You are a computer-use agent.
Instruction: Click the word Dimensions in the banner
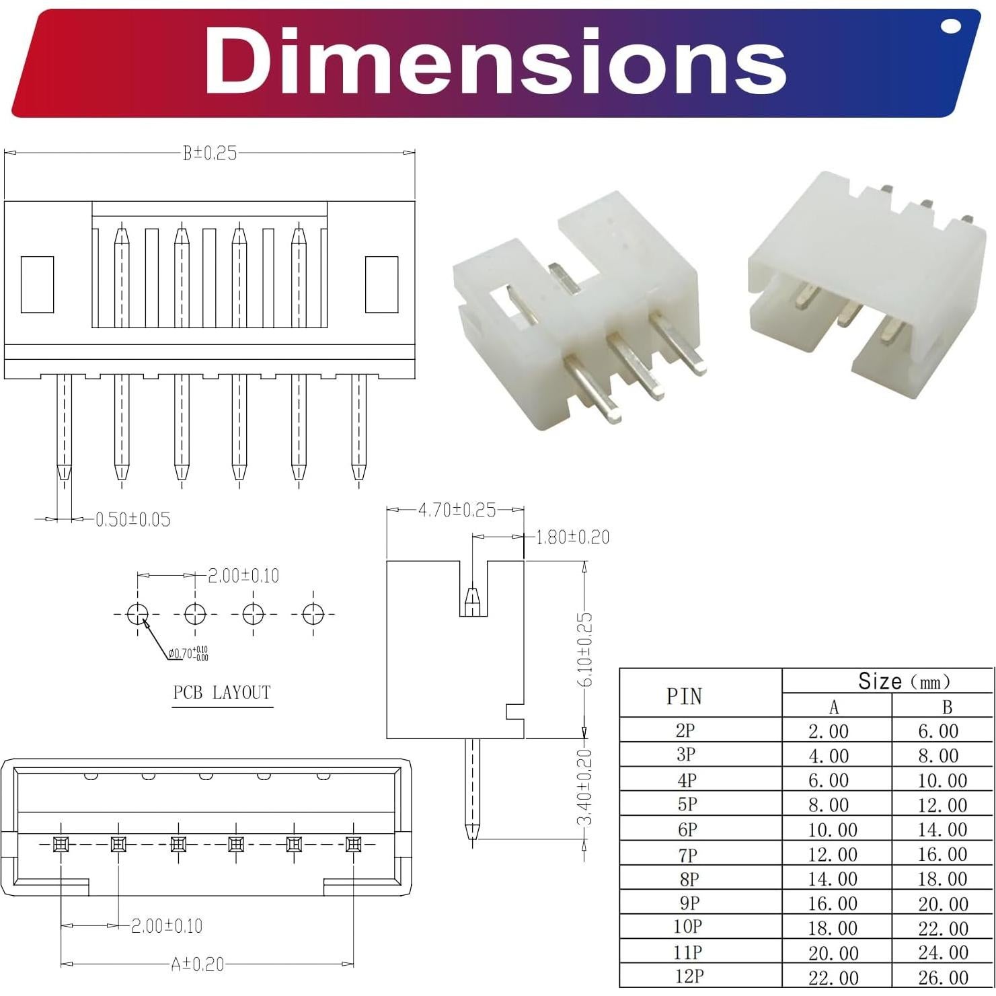(x=496, y=62)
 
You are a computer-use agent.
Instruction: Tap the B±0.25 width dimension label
(x=210, y=153)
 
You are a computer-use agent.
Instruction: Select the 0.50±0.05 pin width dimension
(x=132, y=519)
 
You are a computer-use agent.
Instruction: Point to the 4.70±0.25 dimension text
(x=457, y=510)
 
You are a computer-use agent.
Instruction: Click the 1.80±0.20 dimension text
(x=572, y=537)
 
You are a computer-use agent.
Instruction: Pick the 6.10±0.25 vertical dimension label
(x=585, y=650)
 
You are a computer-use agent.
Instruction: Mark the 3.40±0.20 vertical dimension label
(x=585, y=787)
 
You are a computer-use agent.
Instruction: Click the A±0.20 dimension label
(x=197, y=964)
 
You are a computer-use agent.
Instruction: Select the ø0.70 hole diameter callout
(x=188, y=653)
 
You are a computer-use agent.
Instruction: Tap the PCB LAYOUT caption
(x=222, y=693)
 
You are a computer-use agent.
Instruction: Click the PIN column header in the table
(x=684, y=696)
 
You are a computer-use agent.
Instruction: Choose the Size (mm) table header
(x=904, y=681)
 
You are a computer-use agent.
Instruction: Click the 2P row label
(x=685, y=730)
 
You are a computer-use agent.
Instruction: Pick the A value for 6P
(x=833, y=830)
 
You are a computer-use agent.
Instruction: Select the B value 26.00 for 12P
(x=943, y=977)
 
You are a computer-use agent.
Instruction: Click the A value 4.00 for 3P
(x=829, y=755)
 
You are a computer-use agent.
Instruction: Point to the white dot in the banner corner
(x=951, y=26)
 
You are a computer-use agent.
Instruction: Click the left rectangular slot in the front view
(x=37, y=284)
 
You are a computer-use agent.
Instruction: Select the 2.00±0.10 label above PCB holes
(x=243, y=576)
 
